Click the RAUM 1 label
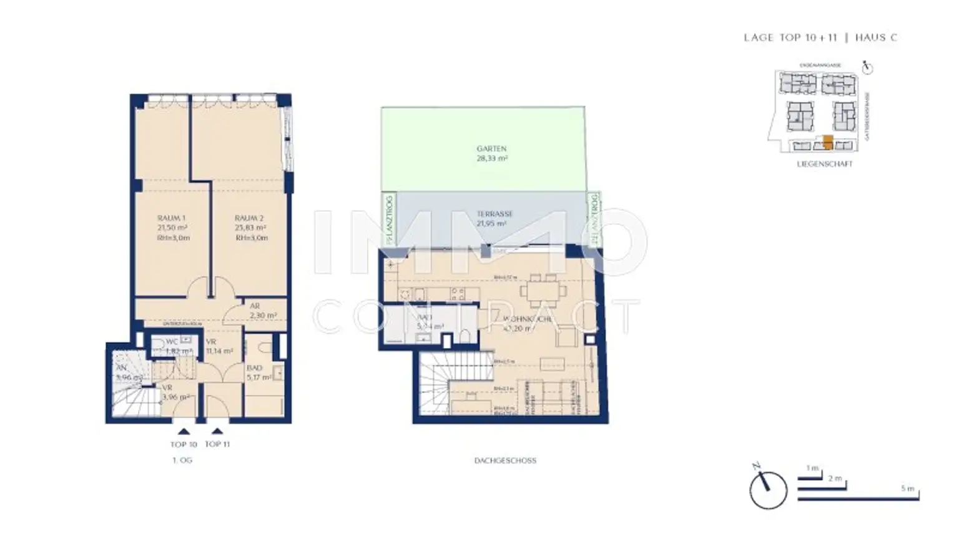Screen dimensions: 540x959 171,218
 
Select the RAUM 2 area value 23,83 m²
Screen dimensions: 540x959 250,228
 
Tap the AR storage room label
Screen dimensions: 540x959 255,306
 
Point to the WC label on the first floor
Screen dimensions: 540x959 172,342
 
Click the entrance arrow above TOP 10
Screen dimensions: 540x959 184,431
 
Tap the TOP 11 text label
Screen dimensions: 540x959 217,444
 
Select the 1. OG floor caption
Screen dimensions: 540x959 182,461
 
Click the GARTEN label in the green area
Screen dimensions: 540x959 491,149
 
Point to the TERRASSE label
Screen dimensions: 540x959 494,214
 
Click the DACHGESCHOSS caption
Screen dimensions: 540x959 505,461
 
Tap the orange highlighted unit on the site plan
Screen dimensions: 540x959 828,142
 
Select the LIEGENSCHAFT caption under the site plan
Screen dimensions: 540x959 824,164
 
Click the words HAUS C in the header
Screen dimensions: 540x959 876,37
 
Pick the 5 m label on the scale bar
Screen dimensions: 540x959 907,488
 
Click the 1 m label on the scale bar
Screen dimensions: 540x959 812,468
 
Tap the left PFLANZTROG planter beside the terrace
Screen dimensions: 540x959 389,219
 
